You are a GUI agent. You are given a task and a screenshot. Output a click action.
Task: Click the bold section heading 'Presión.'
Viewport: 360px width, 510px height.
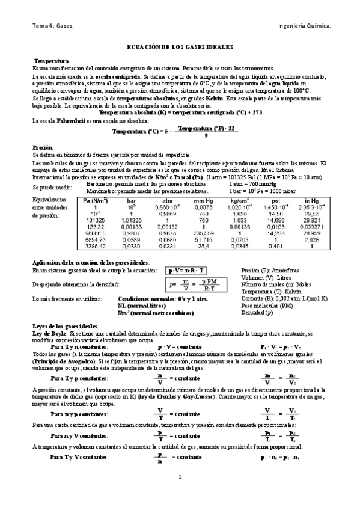(x=43, y=147)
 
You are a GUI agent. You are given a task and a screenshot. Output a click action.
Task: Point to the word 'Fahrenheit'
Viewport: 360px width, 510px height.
(x=68, y=121)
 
